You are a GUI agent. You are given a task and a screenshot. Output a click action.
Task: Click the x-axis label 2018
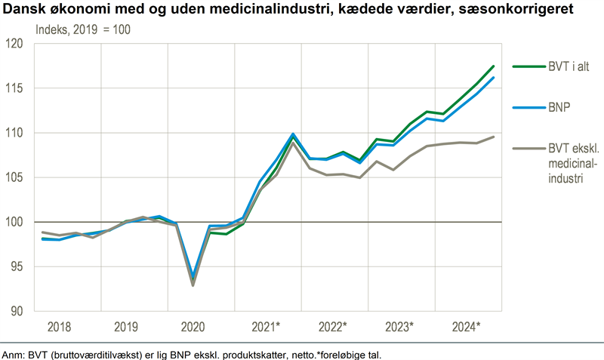coord(60,327)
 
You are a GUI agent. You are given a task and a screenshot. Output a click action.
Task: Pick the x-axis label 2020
coord(193,327)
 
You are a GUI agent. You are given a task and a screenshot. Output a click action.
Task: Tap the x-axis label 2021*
coord(266,327)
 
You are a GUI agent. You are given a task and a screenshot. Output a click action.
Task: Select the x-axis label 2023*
coord(399,327)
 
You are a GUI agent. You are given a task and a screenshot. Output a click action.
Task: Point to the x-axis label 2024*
coord(466,327)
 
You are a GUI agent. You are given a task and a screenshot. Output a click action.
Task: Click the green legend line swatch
coord(526,66)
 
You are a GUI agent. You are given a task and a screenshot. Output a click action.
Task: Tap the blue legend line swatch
coord(526,107)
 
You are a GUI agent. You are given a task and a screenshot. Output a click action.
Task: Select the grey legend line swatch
coord(526,149)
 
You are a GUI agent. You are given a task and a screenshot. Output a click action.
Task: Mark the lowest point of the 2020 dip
coord(193,285)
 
